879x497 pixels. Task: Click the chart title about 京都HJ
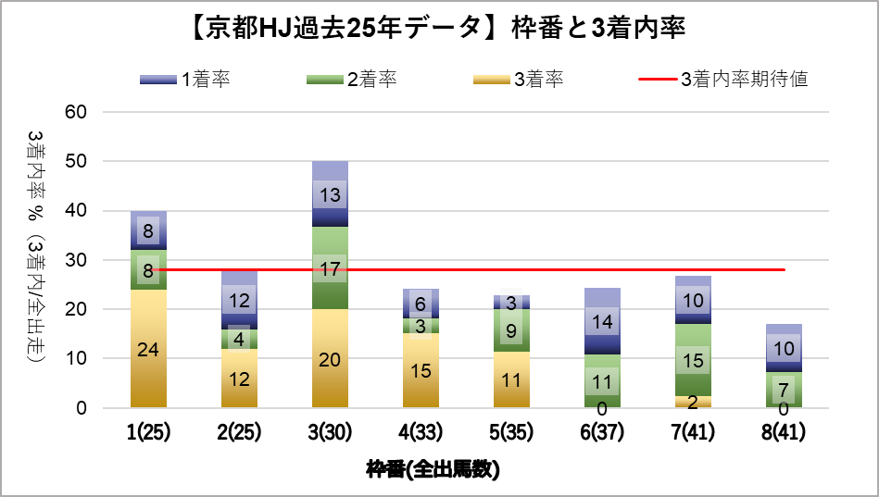[x=438, y=28]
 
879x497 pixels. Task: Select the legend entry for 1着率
[x=185, y=79]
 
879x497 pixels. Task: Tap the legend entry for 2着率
[x=351, y=79]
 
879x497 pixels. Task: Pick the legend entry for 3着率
[x=519, y=79]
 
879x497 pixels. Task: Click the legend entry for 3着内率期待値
[x=723, y=79]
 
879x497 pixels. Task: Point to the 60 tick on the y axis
[x=76, y=111]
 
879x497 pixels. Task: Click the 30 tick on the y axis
[x=76, y=260]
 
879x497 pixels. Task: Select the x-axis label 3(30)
[x=330, y=432]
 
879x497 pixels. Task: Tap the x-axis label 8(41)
[x=784, y=432]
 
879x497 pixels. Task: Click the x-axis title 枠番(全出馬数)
[x=433, y=469]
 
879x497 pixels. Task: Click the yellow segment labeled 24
[x=148, y=348]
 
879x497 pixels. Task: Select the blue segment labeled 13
[x=330, y=193]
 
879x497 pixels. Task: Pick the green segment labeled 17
[x=330, y=267]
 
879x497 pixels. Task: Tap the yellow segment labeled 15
[x=421, y=370]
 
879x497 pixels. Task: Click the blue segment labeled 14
[x=603, y=321]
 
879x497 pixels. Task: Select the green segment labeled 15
[x=694, y=360]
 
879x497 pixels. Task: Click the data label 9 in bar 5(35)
[x=511, y=330]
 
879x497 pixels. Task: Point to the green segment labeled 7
[x=784, y=390]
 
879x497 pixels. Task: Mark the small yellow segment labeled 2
[x=694, y=402]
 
